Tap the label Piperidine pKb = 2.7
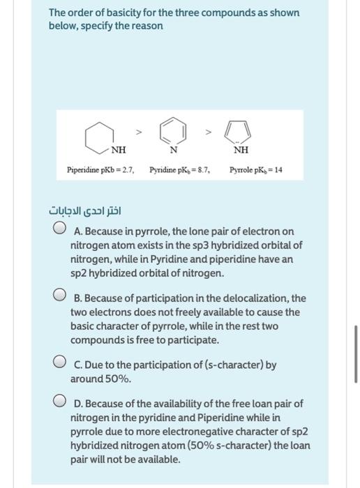pyautogui.click(x=100, y=169)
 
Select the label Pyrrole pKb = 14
pyautogui.click(x=256, y=169)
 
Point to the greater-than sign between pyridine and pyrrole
pyautogui.click(x=207, y=130)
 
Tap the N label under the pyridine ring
pyautogui.click(x=173, y=149)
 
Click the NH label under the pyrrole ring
pyautogui.click(x=241, y=148)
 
